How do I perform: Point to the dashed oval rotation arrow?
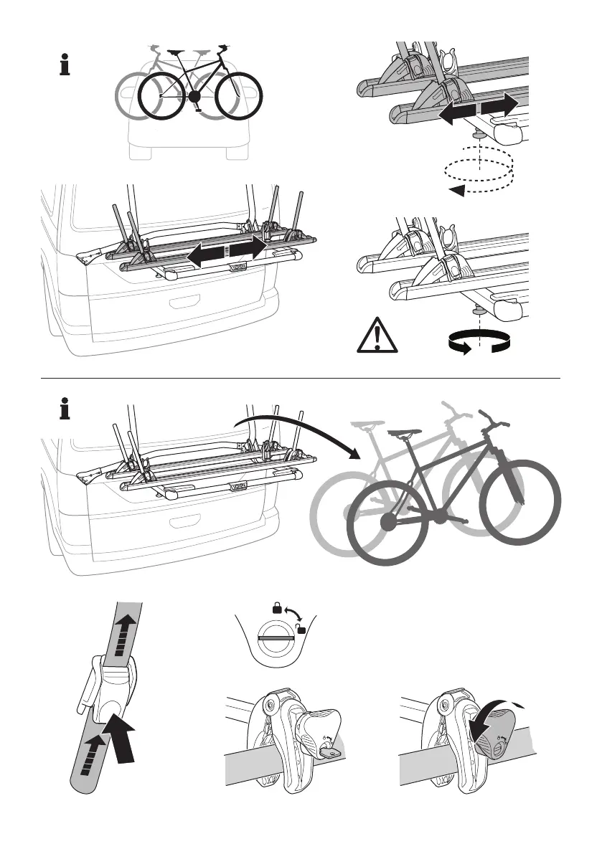tap(479, 172)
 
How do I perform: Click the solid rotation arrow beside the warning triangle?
tap(478, 343)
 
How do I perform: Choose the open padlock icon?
tap(301, 629)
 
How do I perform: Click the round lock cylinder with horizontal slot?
tap(276, 637)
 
